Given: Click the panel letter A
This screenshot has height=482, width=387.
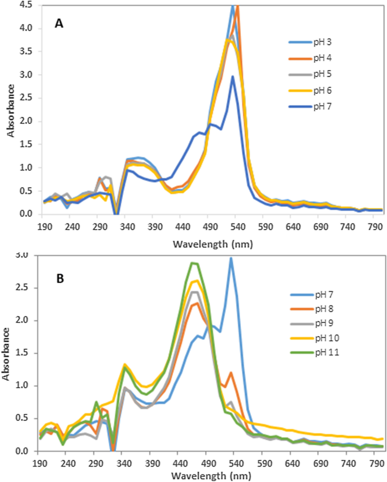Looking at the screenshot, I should pyautogui.click(x=58, y=23).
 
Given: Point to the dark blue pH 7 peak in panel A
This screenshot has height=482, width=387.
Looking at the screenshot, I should pyautogui.click(x=232, y=77).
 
